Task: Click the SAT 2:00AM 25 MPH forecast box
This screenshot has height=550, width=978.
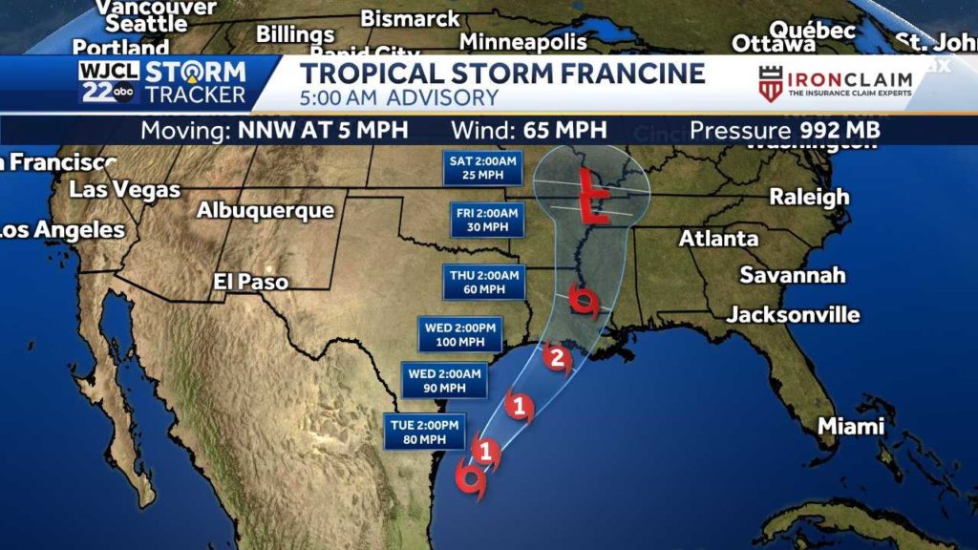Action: pos(483,168)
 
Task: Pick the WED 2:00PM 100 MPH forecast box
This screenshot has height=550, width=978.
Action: pos(459,334)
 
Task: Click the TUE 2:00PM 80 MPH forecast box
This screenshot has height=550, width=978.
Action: pos(425,432)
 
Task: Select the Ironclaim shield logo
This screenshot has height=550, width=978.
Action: pos(771,84)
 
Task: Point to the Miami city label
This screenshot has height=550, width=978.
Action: pos(851,427)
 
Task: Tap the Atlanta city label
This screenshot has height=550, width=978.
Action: pos(718,239)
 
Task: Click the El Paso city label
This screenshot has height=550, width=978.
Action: pos(250,282)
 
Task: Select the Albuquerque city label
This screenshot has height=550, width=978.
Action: pos(266,210)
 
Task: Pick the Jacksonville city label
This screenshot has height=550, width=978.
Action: pos(793,314)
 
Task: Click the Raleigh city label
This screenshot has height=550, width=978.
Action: pos(809,197)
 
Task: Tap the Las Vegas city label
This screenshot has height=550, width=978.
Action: pos(124,189)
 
